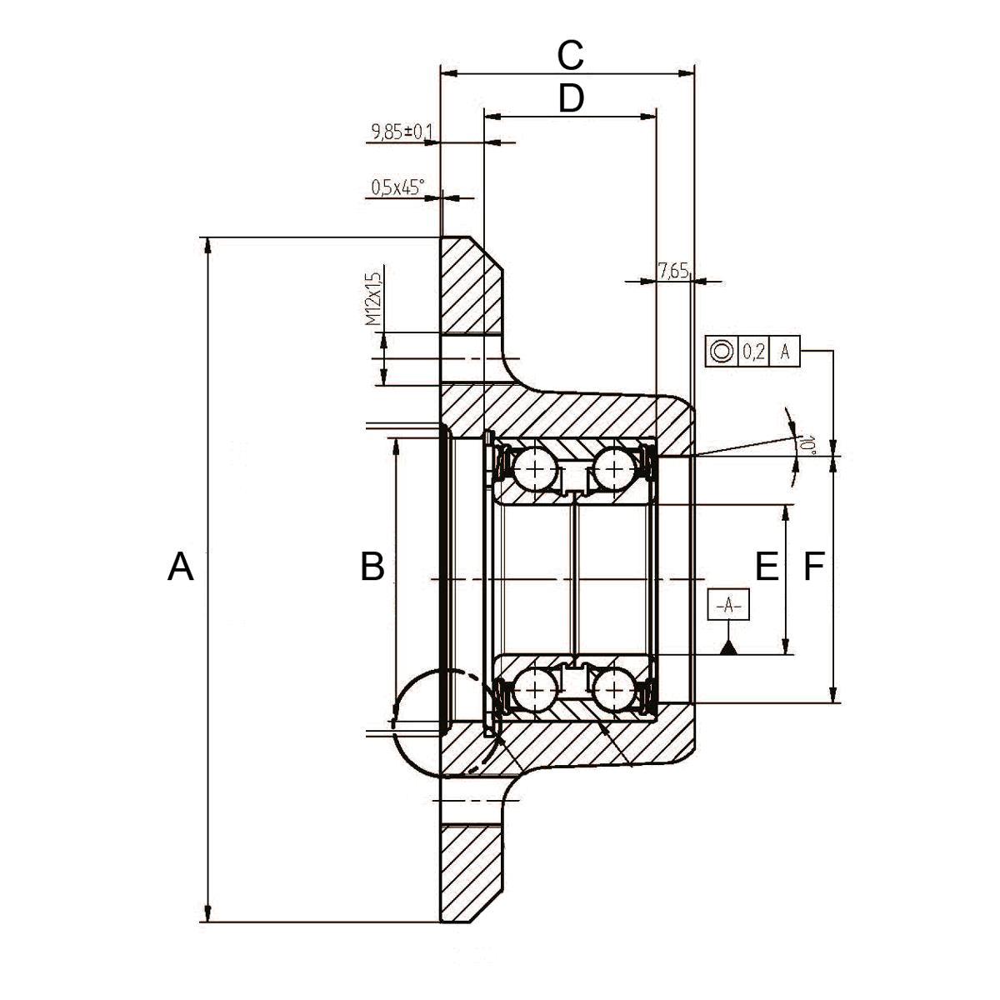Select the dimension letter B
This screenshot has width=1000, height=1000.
coord(372,566)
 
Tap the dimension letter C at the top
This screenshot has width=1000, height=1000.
coord(570,56)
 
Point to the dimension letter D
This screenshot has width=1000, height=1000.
coord(571,98)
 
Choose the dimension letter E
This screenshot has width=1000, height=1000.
coord(767,566)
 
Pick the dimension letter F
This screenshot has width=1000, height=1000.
coord(813,566)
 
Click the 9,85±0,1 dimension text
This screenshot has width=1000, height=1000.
coord(402,132)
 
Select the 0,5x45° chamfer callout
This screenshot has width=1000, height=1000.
coord(397,187)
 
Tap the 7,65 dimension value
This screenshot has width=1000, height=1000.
coord(673,271)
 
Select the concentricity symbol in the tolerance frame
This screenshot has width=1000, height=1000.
coord(722,352)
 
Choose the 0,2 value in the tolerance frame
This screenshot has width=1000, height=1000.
coord(753,352)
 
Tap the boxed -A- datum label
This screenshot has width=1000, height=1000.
coord(728,604)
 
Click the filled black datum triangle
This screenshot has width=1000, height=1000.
coord(728,647)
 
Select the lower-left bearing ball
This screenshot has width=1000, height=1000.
coord(535,690)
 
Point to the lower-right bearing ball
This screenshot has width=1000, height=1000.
coord(614,690)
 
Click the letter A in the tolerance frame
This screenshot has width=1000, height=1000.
coord(785,352)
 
